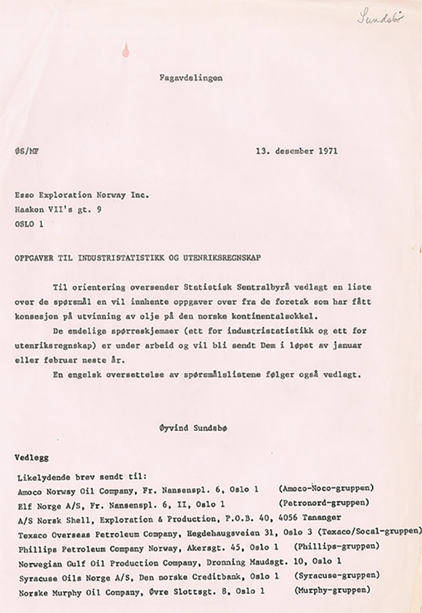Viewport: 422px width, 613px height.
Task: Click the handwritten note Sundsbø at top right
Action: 380,17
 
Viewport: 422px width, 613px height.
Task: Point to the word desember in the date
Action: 288,150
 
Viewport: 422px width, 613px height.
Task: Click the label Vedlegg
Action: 32,458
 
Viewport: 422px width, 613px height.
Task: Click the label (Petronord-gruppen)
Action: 323,503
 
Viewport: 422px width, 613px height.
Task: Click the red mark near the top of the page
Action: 125,48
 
